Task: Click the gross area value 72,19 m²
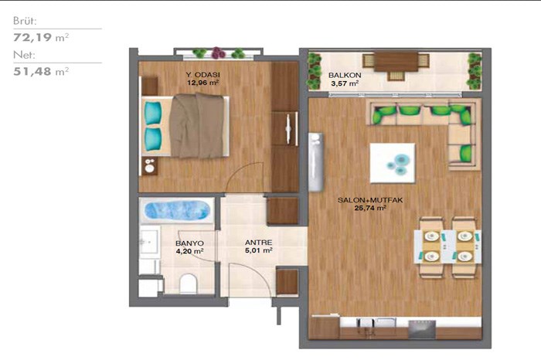click(x=41, y=37)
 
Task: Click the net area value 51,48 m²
click(x=41, y=71)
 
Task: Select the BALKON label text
click(x=345, y=75)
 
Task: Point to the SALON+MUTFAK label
click(x=370, y=200)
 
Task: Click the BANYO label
click(x=189, y=243)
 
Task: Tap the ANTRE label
click(x=258, y=243)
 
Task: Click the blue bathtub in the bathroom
click(x=177, y=211)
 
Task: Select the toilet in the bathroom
click(x=189, y=284)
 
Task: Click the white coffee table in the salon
click(x=393, y=163)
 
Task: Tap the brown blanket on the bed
click(x=197, y=125)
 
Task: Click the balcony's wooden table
click(x=396, y=62)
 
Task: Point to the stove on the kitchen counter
click(x=422, y=328)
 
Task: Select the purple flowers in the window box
click(x=218, y=53)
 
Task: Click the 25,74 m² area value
click(x=370, y=208)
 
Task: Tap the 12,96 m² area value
click(x=202, y=83)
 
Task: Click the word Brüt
click(x=25, y=21)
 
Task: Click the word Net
click(x=24, y=55)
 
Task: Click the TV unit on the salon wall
click(x=315, y=162)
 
